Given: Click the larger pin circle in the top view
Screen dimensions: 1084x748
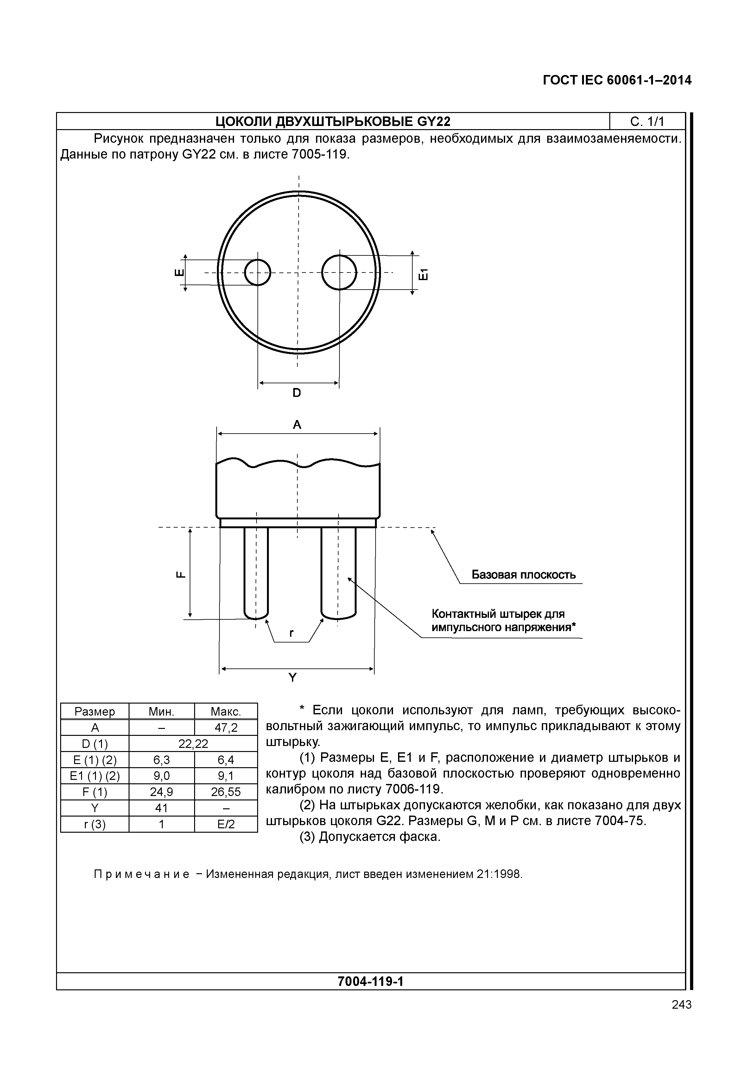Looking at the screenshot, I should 339,272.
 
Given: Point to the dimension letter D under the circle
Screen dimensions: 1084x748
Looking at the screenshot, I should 297,392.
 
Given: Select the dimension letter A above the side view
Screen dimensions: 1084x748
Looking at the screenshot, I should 297,425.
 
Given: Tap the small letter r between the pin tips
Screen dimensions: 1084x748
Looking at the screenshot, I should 292,633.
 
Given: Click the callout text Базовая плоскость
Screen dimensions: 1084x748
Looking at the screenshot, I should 523,575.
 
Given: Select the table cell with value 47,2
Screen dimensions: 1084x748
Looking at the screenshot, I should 226,728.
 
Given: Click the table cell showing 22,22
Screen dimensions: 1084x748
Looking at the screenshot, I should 193,743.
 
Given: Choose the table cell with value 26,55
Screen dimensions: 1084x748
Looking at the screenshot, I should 226,792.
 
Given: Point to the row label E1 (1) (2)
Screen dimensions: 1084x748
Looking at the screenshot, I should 95,776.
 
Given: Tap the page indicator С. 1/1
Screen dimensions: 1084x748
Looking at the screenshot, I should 647,122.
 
